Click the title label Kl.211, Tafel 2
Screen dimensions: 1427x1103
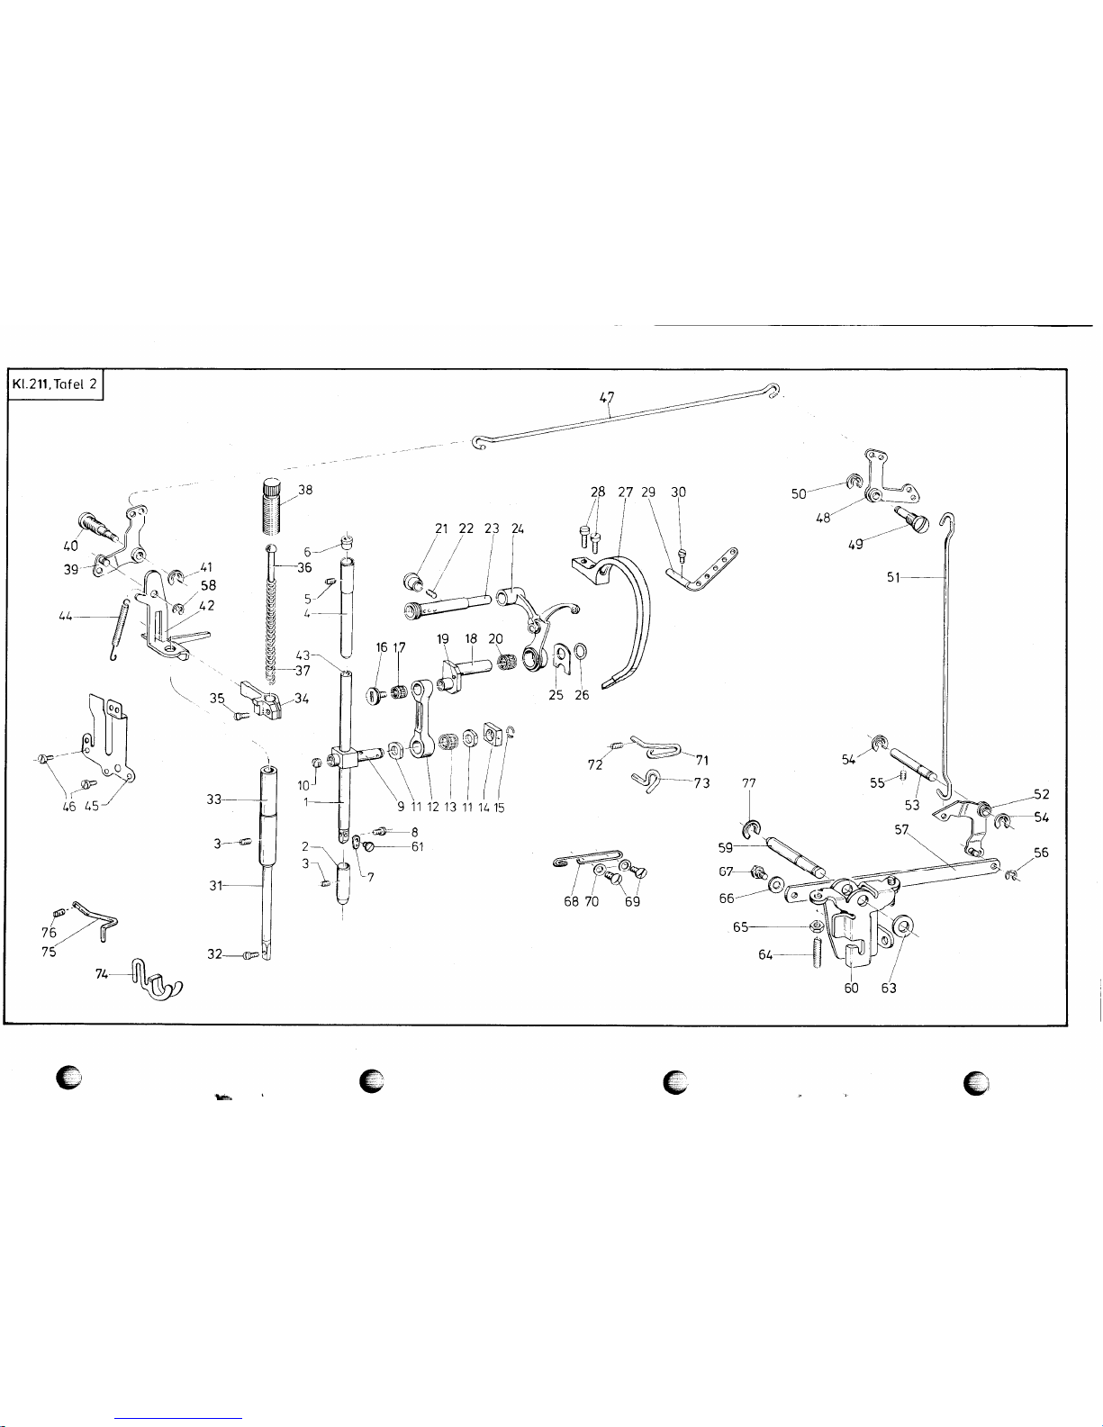point(56,385)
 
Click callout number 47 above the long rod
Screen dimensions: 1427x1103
point(607,396)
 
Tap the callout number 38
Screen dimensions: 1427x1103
point(305,491)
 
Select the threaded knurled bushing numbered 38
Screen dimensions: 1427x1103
point(274,510)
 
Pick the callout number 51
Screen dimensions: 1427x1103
point(893,578)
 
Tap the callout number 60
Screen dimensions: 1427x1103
point(851,989)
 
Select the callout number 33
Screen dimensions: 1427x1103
point(213,799)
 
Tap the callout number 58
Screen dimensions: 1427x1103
point(208,585)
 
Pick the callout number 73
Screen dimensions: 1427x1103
point(701,782)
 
